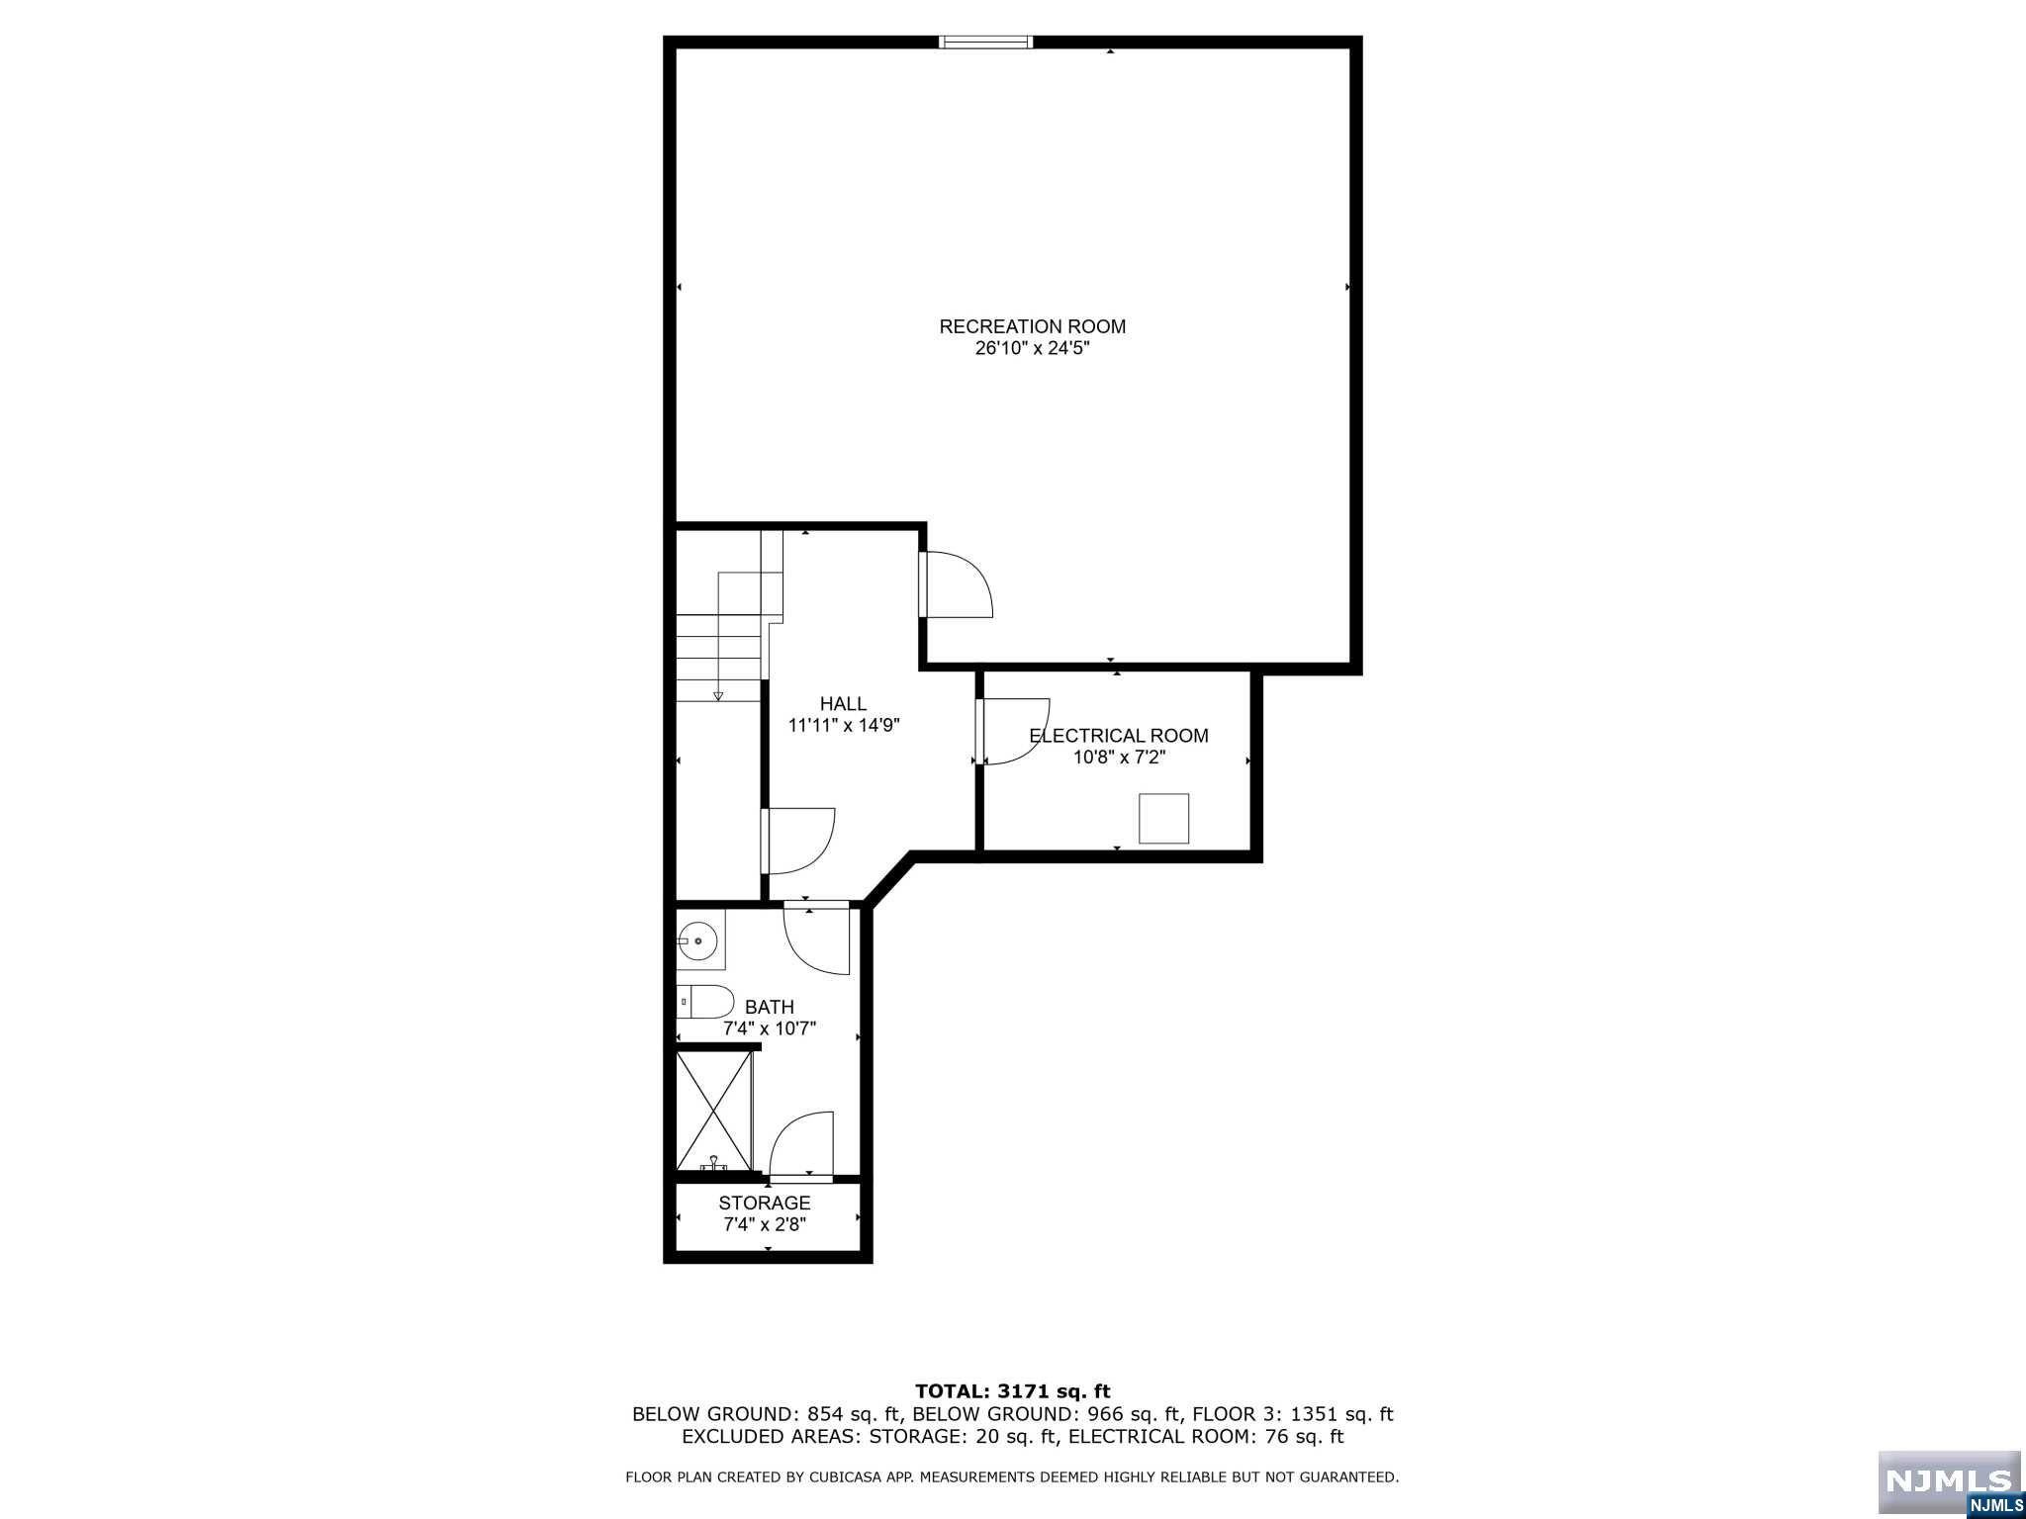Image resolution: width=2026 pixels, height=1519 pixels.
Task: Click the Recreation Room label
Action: click(1032, 326)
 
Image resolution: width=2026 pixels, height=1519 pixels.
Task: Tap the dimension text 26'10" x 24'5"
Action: click(1032, 349)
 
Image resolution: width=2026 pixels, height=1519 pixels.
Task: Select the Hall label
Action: click(843, 704)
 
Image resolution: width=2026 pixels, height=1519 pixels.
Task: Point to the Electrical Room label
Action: click(1119, 736)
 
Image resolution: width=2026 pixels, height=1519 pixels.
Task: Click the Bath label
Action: click(770, 1008)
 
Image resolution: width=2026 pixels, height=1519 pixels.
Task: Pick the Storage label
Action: click(765, 1204)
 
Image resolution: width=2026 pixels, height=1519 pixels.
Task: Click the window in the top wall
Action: click(985, 42)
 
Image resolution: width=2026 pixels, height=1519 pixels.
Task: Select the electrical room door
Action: click(1012, 732)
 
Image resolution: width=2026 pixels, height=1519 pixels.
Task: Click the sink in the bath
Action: click(700, 940)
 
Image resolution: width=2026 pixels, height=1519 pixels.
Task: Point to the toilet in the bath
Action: click(705, 1002)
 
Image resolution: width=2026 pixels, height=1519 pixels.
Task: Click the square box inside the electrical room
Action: click(1163, 819)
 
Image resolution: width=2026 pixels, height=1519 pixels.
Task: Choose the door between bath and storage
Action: click(801, 1147)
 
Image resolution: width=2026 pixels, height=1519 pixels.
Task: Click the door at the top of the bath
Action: click(817, 938)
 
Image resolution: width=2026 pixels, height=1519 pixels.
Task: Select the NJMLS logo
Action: click(1949, 1483)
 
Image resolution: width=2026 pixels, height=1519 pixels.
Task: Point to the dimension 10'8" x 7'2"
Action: click(1120, 759)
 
